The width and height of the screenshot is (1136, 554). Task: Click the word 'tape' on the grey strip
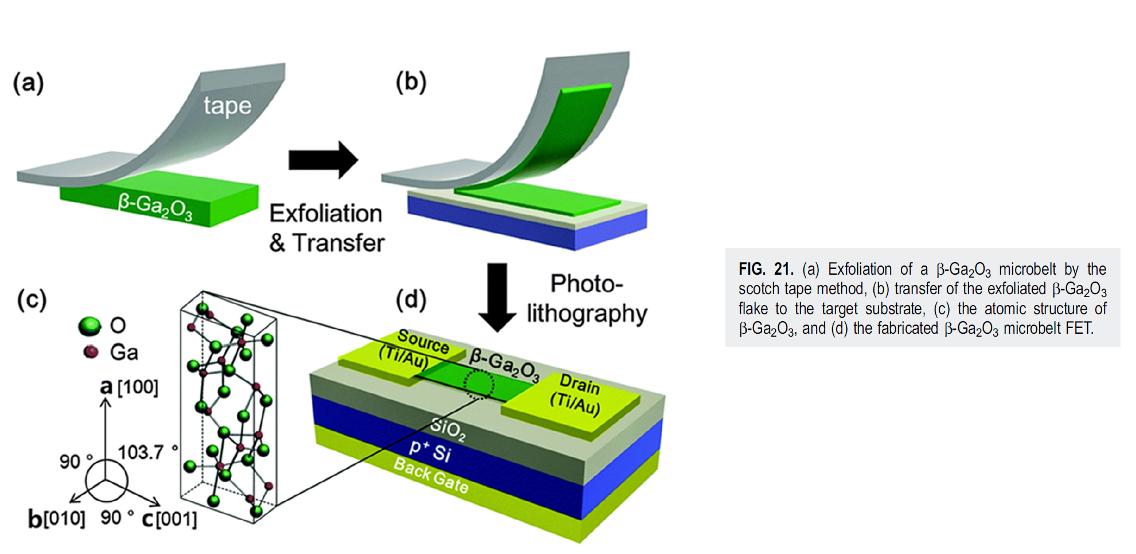(x=227, y=106)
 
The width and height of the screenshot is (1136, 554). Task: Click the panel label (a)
(x=29, y=83)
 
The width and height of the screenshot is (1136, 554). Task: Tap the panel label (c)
(x=32, y=299)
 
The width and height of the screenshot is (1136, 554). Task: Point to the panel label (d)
(x=411, y=299)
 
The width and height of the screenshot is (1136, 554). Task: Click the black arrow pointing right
(x=323, y=159)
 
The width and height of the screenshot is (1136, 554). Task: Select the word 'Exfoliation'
(x=326, y=213)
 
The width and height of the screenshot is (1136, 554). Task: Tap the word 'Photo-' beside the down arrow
(x=586, y=283)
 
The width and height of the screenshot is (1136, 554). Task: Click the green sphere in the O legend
(x=89, y=326)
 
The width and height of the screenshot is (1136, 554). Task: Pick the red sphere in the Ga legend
(x=91, y=352)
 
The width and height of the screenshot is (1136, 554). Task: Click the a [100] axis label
(x=129, y=387)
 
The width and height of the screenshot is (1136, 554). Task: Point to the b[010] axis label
(x=56, y=519)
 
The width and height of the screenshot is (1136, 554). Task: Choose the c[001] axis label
(x=169, y=520)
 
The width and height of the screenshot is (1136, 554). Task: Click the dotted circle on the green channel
(x=478, y=384)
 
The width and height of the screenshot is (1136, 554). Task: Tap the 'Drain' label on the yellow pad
(x=579, y=384)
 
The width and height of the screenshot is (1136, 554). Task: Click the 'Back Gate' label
(x=431, y=475)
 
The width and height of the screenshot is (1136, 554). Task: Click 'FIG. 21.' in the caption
(x=766, y=269)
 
